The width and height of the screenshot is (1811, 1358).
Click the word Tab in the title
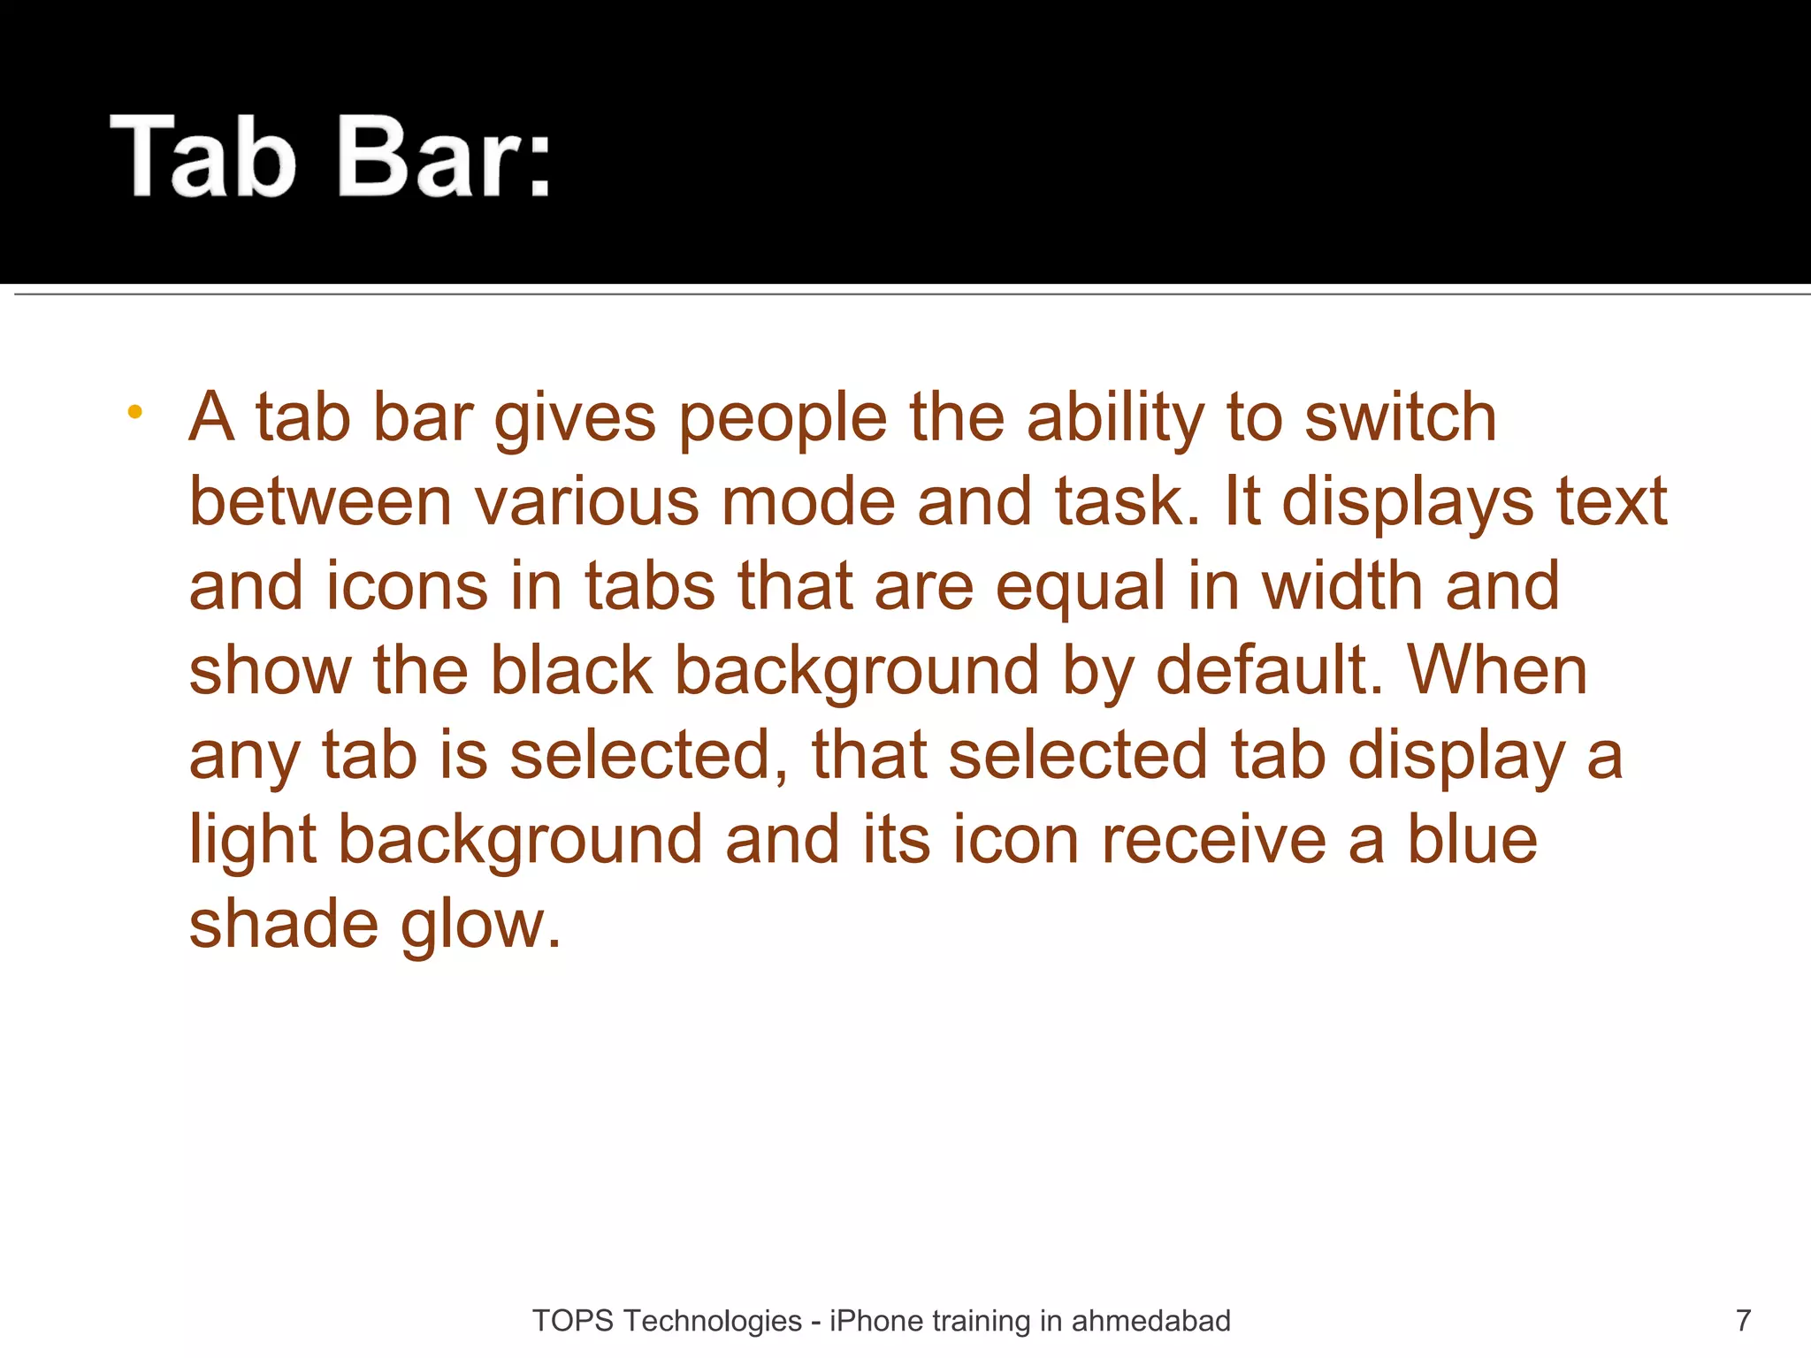click(202, 156)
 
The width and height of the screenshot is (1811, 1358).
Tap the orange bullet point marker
click(134, 411)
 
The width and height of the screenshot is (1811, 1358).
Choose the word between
click(320, 501)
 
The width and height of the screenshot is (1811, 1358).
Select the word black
click(571, 670)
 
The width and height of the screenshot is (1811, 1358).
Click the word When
click(1497, 670)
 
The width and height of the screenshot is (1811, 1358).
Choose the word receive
click(1213, 840)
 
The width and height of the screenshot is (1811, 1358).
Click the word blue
click(1471, 840)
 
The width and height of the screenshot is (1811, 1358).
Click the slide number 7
click(1743, 1320)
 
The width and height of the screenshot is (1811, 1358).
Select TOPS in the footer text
click(572, 1320)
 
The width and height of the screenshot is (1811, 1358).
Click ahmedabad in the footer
click(1150, 1320)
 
